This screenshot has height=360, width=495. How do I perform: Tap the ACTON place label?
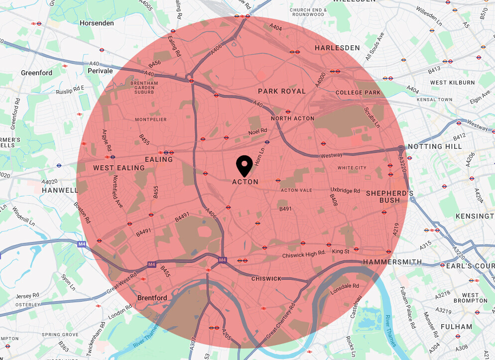click(x=246, y=182)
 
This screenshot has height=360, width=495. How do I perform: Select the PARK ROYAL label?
click(x=281, y=91)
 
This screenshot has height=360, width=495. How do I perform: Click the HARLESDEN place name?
click(x=337, y=48)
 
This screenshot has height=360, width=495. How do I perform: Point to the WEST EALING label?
click(x=119, y=168)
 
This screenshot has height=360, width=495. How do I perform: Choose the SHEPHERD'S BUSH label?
click(x=389, y=196)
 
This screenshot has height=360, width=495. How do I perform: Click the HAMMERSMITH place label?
click(x=392, y=262)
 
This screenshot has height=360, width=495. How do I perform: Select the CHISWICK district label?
click(x=266, y=279)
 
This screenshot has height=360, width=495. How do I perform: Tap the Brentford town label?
click(x=152, y=298)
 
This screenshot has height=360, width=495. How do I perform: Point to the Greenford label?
click(x=36, y=73)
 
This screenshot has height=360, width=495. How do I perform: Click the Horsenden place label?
click(x=97, y=23)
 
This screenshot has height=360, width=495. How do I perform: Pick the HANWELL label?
click(x=60, y=190)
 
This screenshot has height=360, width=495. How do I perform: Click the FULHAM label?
click(x=456, y=327)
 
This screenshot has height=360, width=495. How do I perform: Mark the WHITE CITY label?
click(x=352, y=168)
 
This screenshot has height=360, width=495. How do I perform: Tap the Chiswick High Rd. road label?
click(x=303, y=254)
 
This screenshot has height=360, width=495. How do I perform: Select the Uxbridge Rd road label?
click(x=346, y=190)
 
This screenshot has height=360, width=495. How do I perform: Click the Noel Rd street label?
click(x=258, y=131)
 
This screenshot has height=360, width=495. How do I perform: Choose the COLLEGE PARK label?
click(x=358, y=93)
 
